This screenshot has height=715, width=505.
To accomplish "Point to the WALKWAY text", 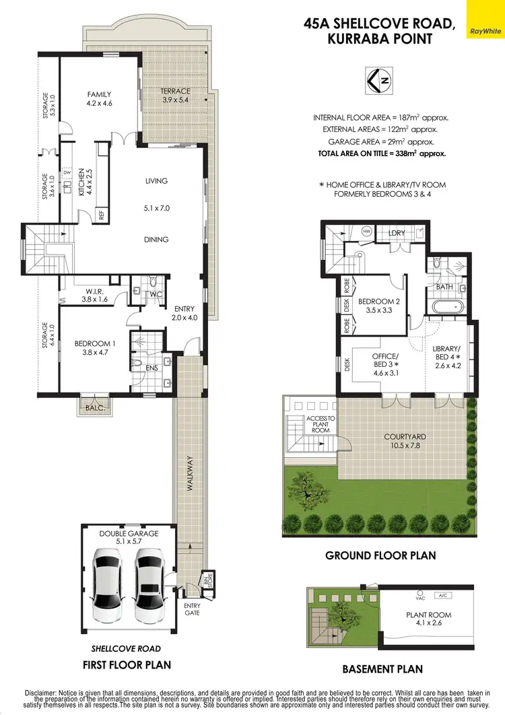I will (190, 474).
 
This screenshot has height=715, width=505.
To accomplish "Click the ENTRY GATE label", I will (193, 609).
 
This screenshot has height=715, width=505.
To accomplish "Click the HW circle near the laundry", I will (367, 231).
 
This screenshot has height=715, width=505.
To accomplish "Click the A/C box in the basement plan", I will (442, 596).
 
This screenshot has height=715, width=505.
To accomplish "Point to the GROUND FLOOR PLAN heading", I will (380, 555).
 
